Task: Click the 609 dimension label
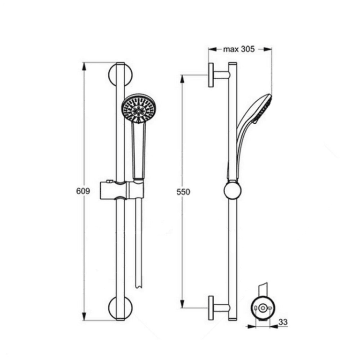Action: coord(83,191)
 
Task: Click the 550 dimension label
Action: coord(183,192)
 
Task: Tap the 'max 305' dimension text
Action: coord(239,49)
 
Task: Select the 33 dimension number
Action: coord(283,322)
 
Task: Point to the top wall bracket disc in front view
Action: coord(120,75)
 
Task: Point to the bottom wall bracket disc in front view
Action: coord(120,307)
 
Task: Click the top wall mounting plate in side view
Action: coord(211,75)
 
